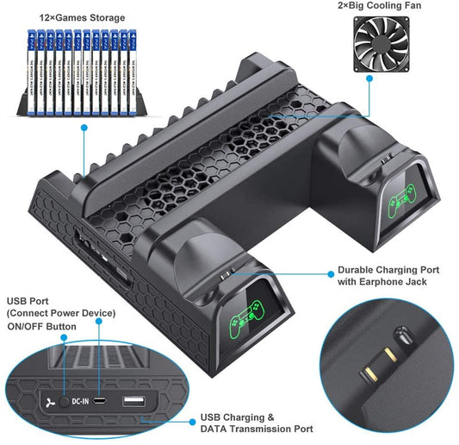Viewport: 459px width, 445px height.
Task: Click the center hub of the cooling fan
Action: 370,46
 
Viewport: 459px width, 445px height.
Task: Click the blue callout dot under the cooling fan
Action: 370,78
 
